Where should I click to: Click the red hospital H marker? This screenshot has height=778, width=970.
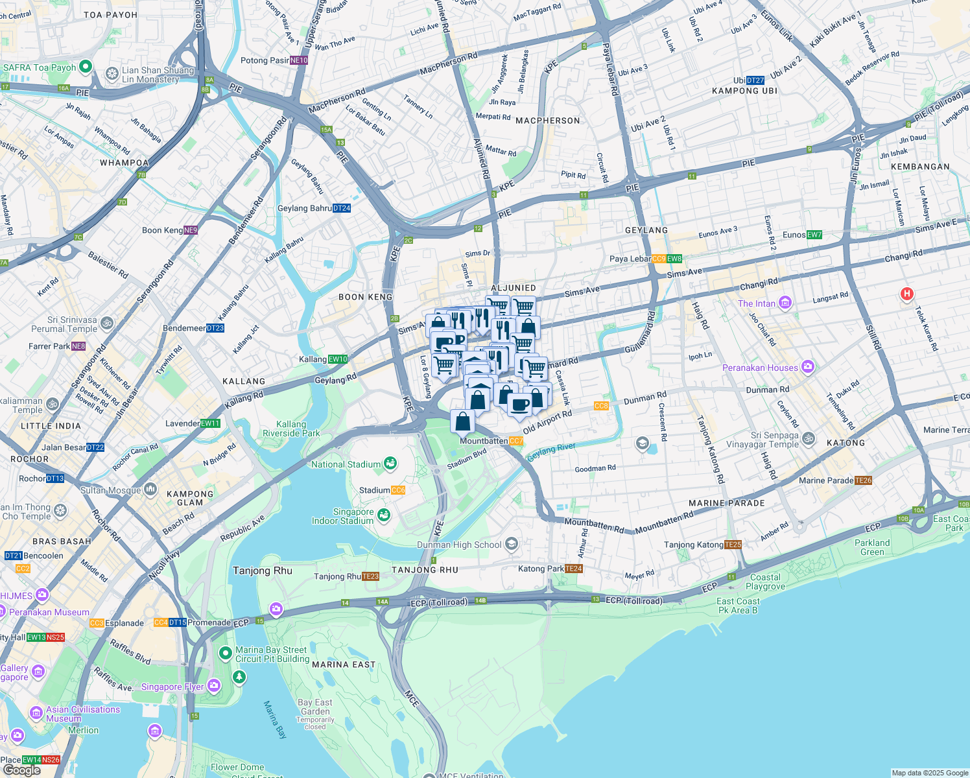[x=906, y=294]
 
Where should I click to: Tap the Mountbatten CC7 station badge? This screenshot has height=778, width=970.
[x=516, y=442]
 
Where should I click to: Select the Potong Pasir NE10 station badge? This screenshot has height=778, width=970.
[x=299, y=60]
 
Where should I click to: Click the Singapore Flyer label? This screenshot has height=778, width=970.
[x=172, y=687]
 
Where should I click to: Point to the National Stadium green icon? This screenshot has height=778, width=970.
[x=390, y=464]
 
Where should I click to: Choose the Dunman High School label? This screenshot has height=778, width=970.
[x=459, y=545]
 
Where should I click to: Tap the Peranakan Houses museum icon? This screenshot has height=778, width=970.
[x=807, y=368]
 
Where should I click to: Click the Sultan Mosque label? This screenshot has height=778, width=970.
[x=111, y=490]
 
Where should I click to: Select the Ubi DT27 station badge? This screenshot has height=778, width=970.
[x=755, y=80]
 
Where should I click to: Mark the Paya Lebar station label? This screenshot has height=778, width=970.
[x=630, y=259]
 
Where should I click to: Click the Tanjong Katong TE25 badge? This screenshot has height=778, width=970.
[x=733, y=545]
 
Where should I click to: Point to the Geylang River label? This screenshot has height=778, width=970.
[x=551, y=452]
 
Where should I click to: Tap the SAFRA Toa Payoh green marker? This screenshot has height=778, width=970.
[x=86, y=67]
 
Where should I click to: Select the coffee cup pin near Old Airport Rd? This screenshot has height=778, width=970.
[x=519, y=405]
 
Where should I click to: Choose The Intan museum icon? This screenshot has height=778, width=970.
[x=785, y=303]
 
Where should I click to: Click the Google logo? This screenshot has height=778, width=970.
[x=22, y=770]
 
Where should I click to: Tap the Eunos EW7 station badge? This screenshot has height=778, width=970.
[x=814, y=235]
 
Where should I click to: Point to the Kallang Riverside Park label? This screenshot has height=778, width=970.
[x=291, y=429]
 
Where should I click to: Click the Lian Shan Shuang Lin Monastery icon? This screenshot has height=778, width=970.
[x=112, y=74]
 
